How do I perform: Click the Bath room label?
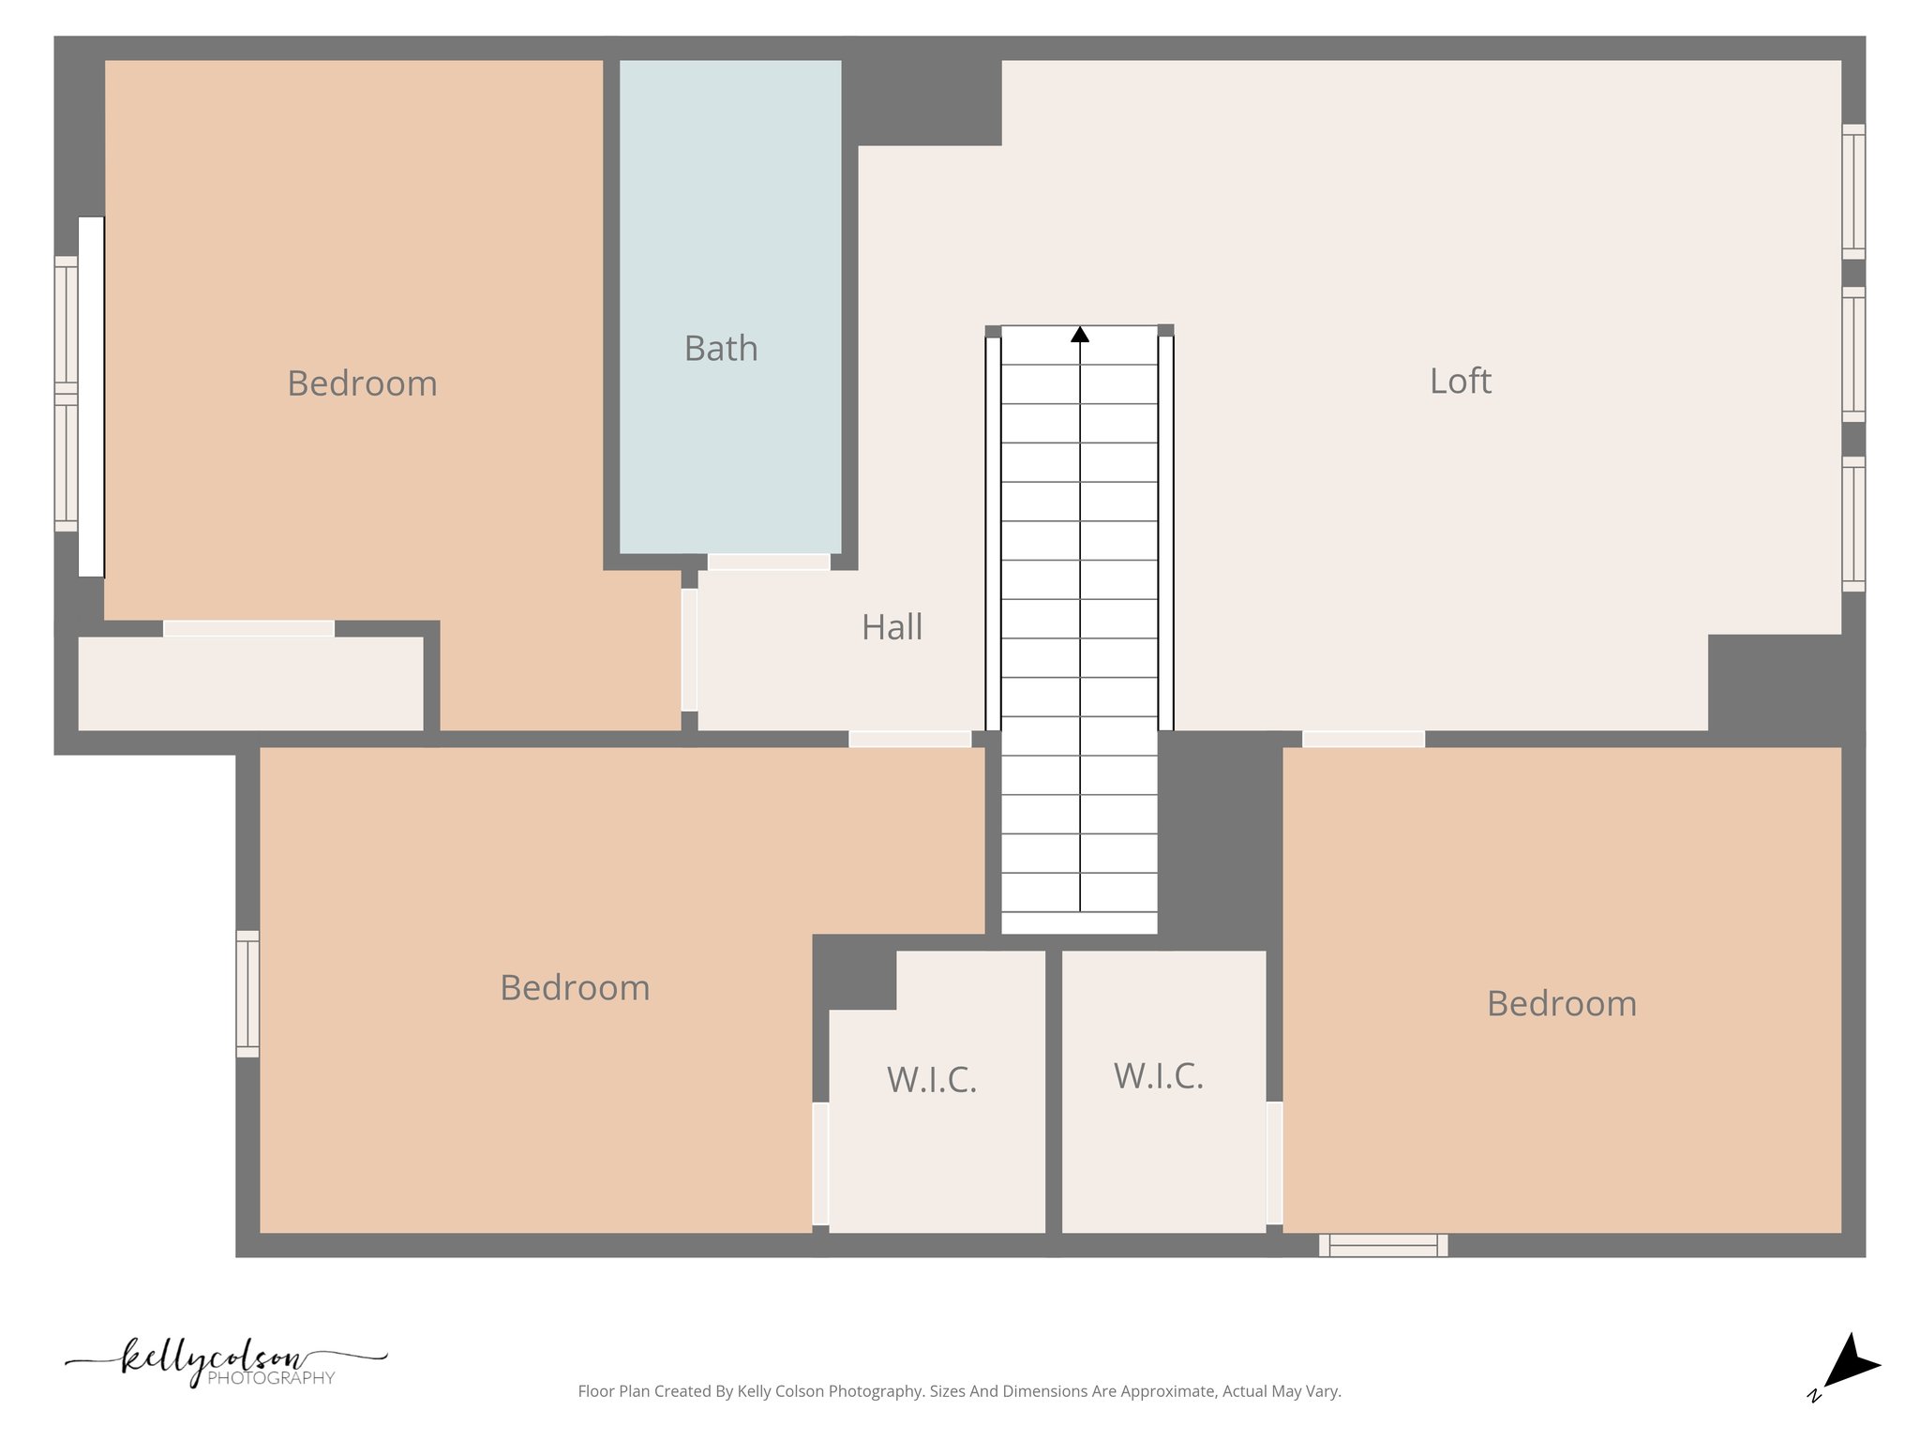[720, 349]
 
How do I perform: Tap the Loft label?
[1460, 382]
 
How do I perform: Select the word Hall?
[892, 627]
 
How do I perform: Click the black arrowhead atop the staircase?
[1079, 335]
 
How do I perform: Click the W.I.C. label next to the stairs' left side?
[932, 1080]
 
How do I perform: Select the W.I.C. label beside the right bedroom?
[1158, 1076]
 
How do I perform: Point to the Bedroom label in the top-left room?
[362, 383]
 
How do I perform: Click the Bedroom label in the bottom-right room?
[1561, 1004]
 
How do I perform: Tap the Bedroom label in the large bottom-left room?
[575, 988]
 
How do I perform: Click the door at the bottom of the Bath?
[768, 562]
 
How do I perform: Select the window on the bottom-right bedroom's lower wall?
[1383, 1245]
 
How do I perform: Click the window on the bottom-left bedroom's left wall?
[247, 994]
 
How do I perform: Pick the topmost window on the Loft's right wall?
[1852, 191]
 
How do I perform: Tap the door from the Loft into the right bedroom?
[1363, 740]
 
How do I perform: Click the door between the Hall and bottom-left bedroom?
[909, 740]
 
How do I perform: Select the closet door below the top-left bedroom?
[248, 629]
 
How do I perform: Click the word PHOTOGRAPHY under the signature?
[271, 1378]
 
